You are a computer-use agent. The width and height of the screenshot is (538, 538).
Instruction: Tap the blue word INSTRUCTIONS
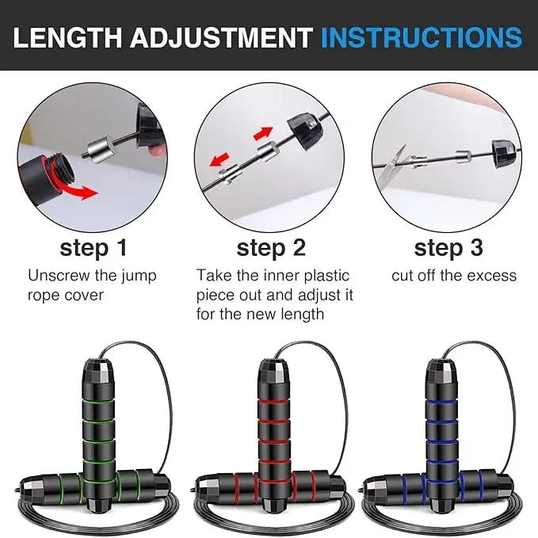point(422,38)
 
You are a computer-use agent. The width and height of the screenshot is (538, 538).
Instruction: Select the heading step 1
point(93,248)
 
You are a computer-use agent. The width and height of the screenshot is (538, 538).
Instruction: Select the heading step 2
point(271,248)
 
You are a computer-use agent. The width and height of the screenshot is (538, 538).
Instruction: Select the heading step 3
point(448,248)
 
